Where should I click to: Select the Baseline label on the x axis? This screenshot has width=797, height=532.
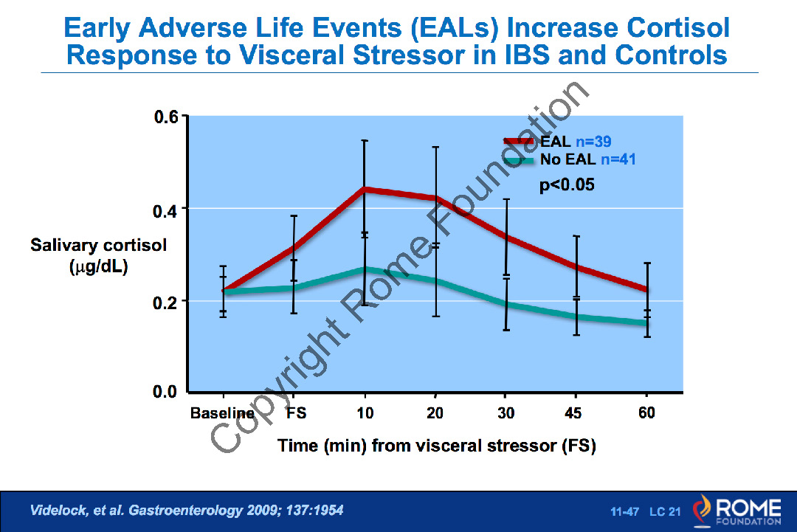222,413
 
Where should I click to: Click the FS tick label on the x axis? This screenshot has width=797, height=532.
296,413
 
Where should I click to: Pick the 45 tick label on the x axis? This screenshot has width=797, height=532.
573,413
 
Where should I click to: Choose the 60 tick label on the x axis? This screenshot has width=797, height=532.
646,413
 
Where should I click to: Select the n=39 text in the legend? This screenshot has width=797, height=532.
593,142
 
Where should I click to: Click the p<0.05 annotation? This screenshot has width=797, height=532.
567,185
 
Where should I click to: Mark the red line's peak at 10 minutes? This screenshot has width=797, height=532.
365,190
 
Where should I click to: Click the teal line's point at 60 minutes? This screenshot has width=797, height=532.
646,322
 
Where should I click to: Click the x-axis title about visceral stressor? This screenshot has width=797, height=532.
437,446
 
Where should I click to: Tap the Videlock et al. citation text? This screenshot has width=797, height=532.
186,510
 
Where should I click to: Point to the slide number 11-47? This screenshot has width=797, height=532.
624,511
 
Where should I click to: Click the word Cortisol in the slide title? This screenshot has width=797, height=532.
678,28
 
